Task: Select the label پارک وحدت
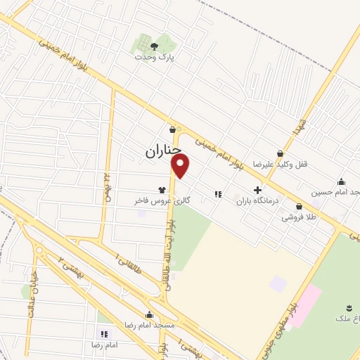(154, 58)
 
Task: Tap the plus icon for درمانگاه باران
(257, 189)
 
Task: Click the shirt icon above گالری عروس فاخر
(162, 189)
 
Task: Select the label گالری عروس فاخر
(162, 200)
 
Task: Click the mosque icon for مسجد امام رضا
(149, 315)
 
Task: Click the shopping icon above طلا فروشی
(300, 207)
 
